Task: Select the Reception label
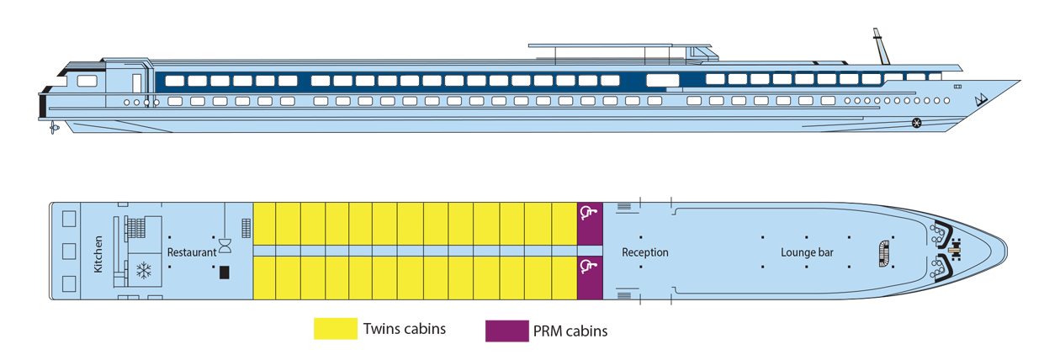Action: [645, 252]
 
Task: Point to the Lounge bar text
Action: [807, 252]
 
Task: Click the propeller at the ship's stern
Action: [54, 129]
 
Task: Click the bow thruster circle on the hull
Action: [917, 124]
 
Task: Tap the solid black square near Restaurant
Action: [225, 272]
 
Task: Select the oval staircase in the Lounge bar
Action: [883, 251]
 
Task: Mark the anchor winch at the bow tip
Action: [955, 251]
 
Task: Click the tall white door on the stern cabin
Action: [136, 82]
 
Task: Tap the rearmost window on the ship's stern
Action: [87, 82]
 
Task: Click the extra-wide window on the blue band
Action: [663, 80]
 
